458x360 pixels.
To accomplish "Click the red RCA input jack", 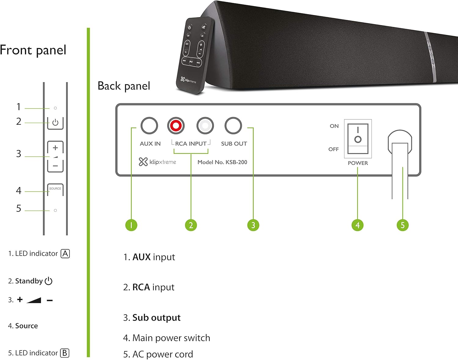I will tap(176, 125).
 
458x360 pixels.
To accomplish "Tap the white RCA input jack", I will tap(205, 125).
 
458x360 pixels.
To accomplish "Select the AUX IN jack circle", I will tap(149, 125).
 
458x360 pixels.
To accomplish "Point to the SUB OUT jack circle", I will tap(233, 125).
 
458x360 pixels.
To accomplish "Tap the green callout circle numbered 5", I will tap(402, 225).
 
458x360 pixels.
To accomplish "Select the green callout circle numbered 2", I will tap(191, 225).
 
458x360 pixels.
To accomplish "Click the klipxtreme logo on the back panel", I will tap(158, 162).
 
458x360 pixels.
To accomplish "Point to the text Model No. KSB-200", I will tap(222, 162).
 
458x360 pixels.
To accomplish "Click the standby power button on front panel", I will tap(55, 123).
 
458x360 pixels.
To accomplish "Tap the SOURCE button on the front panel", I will tap(55, 189).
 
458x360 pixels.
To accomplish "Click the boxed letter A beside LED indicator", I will tap(65, 253).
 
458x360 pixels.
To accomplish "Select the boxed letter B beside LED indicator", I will tap(65, 353).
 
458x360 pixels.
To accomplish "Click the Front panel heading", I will tap(33, 50).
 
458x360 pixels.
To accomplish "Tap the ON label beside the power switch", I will tap(334, 126).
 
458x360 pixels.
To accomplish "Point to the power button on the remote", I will tap(189, 27).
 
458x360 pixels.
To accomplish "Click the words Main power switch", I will tap(171, 338).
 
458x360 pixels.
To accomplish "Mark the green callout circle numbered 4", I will tap(358, 225).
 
